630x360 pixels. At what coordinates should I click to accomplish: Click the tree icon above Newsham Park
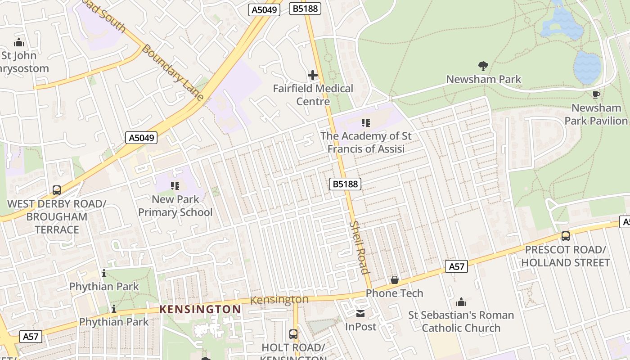(483, 66)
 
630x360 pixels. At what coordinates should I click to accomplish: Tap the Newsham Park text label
(483, 80)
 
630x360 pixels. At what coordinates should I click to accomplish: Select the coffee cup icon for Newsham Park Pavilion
(596, 94)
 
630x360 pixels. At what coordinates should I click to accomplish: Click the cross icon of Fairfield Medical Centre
(312, 75)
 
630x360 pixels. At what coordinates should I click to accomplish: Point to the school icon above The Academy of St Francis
(365, 122)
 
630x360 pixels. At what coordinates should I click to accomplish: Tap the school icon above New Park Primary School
(175, 185)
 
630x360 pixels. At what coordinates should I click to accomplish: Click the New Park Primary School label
(175, 206)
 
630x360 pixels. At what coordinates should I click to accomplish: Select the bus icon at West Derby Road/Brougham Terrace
(57, 190)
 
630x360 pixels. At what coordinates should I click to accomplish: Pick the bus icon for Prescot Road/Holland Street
(565, 236)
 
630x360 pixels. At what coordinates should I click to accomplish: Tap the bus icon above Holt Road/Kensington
(293, 334)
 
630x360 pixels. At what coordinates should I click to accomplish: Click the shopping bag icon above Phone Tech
(394, 280)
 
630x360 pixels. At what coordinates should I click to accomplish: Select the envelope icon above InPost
(360, 313)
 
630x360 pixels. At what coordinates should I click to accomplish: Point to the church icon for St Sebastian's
(461, 301)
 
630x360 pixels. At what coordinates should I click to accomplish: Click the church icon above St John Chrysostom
(19, 42)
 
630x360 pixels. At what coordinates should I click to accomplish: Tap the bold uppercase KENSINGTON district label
(201, 310)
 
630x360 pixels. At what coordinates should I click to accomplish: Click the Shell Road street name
(359, 247)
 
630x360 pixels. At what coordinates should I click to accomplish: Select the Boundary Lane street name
(172, 72)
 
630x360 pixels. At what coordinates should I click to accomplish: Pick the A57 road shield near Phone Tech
(456, 266)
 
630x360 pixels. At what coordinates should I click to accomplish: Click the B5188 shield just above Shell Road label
(345, 184)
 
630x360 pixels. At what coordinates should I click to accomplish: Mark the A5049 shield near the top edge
(265, 10)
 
